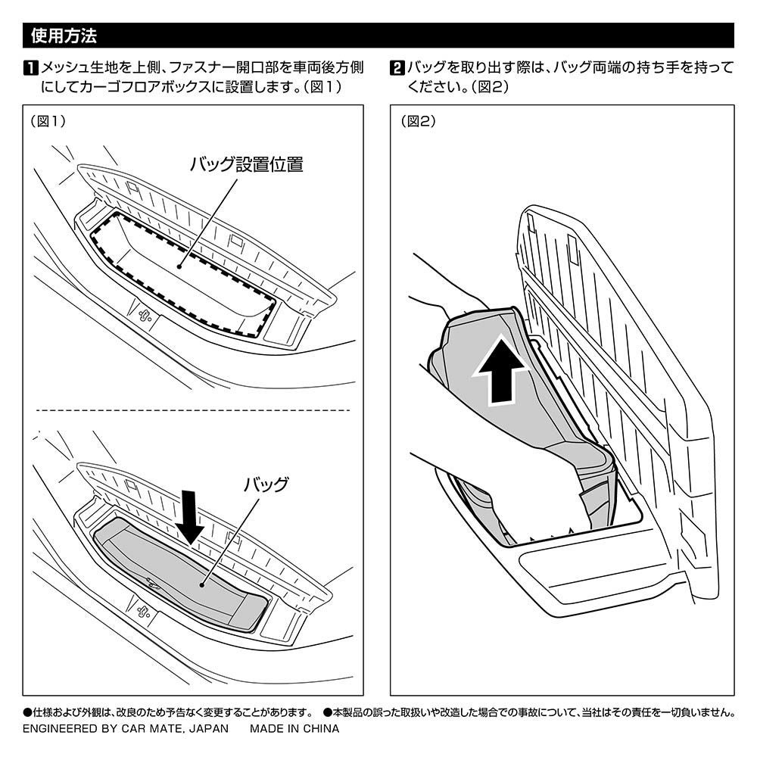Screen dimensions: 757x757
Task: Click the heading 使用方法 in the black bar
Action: (x=64, y=36)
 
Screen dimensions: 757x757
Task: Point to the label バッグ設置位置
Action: (x=246, y=164)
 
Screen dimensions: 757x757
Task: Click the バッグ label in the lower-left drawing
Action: (x=266, y=485)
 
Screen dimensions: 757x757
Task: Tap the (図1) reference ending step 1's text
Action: (x=323, y=87)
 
